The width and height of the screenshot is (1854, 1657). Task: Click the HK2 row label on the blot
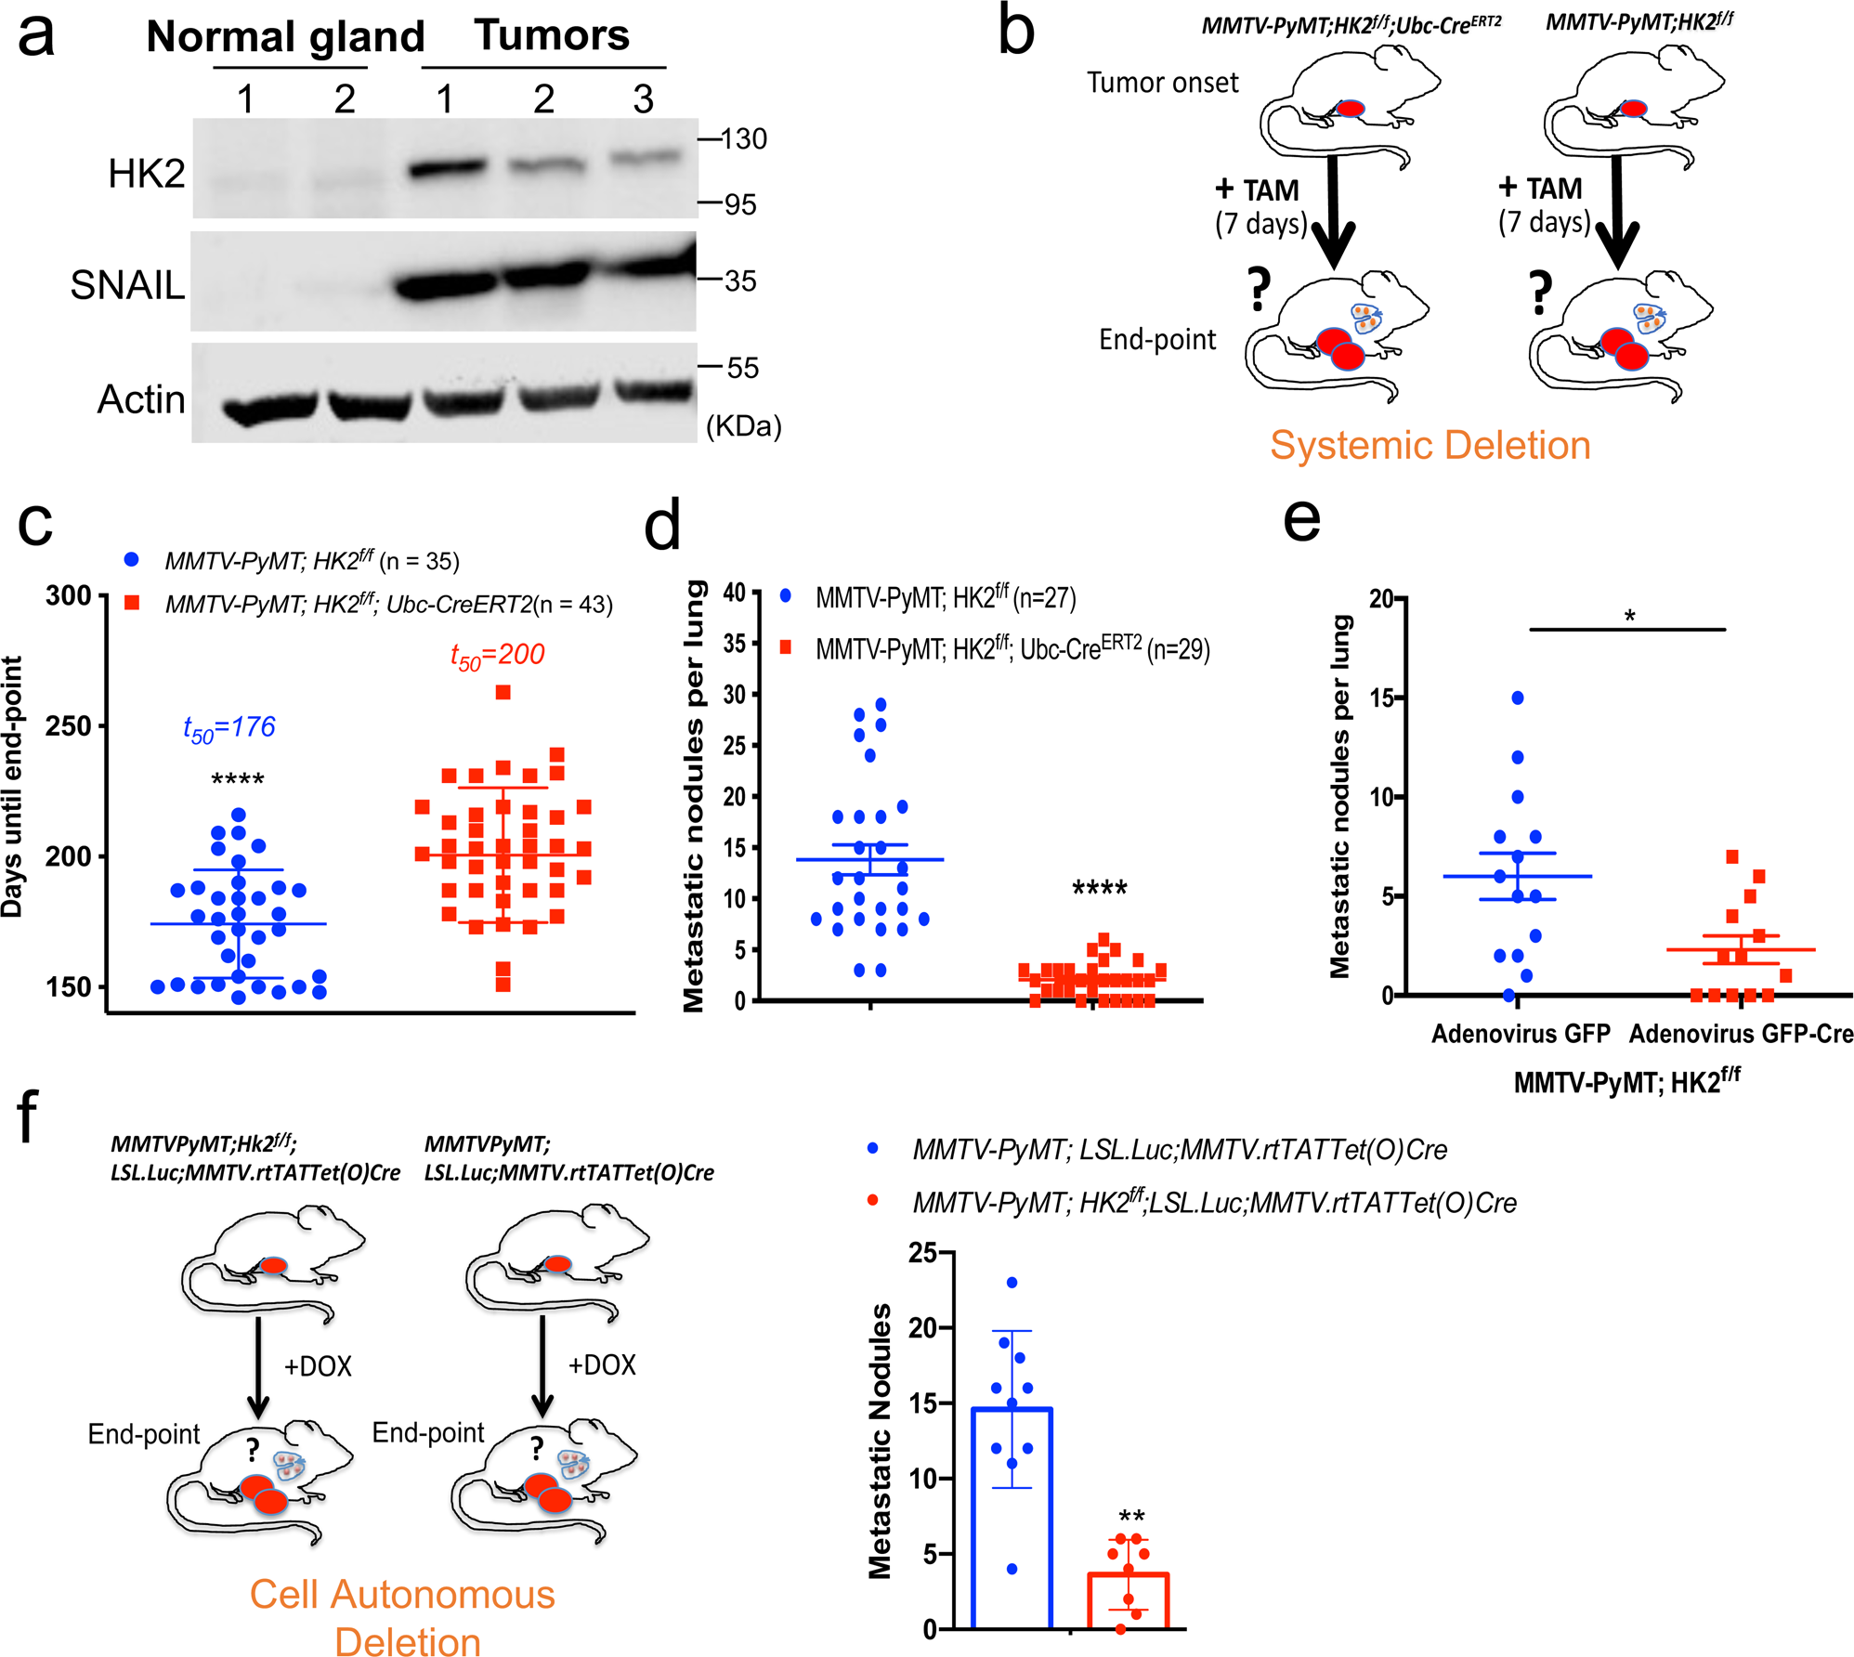click(x=146, y=174)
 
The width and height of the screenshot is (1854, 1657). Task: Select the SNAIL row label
click(x=127, y=285)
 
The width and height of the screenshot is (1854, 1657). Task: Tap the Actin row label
click(x=141, y=399)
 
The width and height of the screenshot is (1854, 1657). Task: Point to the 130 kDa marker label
click(x=744, y=139)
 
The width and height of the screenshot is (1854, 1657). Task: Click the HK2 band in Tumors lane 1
click(x=447, y=168)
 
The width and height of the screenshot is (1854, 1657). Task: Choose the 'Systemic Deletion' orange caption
click(x=1430, y=446)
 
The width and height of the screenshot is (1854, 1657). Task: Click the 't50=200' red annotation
click(x=497, y=656)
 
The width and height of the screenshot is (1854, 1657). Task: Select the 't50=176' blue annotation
click(x=228, y=728)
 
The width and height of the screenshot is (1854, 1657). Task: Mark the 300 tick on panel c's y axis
click(x=69, y=595)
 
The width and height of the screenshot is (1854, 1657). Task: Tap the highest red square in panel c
click(x=503, y=692)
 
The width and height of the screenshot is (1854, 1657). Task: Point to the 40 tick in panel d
click(x=735, y=593)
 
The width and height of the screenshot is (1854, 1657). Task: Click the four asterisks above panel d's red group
click(x=1099, y=888)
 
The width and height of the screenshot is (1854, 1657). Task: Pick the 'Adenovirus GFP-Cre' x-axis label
click(x=1741, y=1034)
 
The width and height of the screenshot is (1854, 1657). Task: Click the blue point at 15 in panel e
click(x=1518, y=698)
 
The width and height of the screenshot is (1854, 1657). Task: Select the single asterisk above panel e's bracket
click(x=1629, y=616)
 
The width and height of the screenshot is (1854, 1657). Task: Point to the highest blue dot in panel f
click(x=1012, y=1283)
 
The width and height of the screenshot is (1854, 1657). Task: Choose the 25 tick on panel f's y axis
click(x=923, y=1254)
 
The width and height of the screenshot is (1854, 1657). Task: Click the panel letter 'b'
click(x=1016, y=33)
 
